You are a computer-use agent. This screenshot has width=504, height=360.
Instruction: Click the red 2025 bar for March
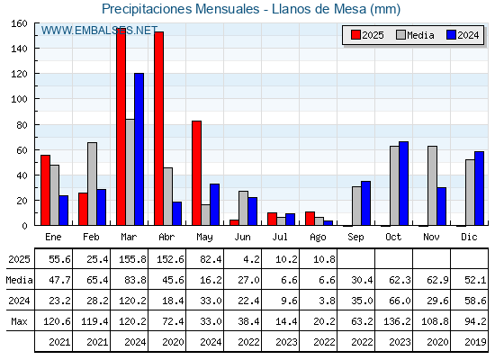click(x=121, y=127)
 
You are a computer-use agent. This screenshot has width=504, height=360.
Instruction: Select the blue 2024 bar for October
click(x=404, y=184)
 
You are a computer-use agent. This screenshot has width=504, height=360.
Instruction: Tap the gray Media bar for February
click(x=92, y=184)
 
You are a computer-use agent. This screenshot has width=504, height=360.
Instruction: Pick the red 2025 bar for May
click(x=197, y=173)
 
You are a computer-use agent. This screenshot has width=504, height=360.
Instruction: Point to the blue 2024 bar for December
click(x=479, y=188)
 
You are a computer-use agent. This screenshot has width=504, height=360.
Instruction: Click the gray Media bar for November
click(x=432, y=185)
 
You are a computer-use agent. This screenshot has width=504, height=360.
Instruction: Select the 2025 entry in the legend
click(x=367, y=35)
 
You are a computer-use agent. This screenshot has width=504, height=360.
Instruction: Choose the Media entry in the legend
click(x=415, y=35)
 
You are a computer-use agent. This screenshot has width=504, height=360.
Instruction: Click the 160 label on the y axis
click(x=19, y=23)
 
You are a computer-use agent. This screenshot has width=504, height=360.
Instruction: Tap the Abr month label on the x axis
click(x=166, y=238)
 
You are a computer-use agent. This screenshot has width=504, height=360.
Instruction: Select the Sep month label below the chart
click(x=355, y=238)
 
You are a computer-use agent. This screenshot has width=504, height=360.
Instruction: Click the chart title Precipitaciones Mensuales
click(x=181, y=9)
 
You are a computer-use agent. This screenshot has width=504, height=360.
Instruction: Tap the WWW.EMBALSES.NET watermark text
click(x=99, y=31)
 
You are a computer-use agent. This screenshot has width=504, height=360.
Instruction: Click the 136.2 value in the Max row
click(x=397, y=321)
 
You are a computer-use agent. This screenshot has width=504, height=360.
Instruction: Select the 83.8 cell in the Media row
click(x=135, y=280)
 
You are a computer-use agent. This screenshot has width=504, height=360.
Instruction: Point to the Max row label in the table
click(x=19, y=321)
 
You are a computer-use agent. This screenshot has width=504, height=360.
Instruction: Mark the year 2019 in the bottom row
click(x=475, y=342)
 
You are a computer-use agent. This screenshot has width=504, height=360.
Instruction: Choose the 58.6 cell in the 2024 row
click(x=475, y=301)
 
